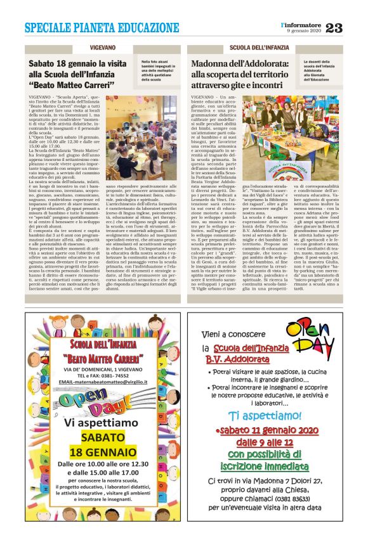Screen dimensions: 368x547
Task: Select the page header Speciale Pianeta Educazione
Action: click(x=102, y=28)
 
